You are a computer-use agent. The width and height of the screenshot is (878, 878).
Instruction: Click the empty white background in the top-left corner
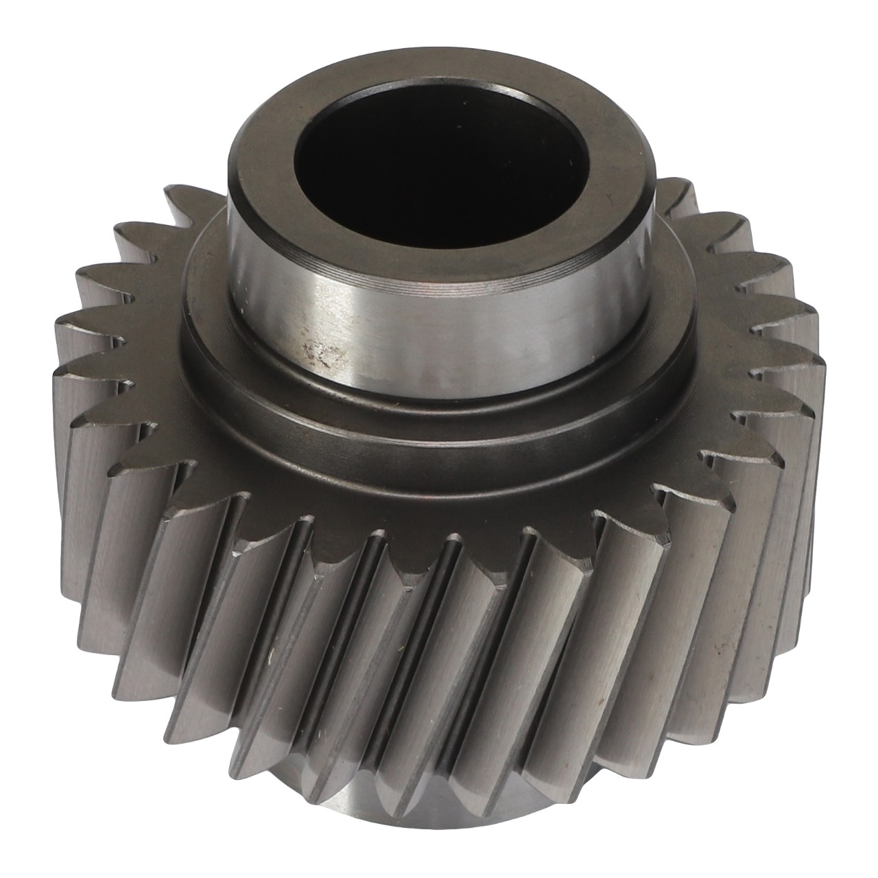(x=41, y=41)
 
